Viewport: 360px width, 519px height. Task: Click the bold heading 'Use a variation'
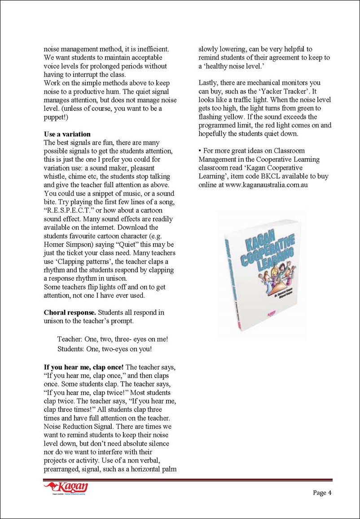[x=67, y=134]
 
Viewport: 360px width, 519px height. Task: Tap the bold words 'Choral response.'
[x=70, y=312]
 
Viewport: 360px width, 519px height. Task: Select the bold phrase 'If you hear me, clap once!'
[x=83, y=368]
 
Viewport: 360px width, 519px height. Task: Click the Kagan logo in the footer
[x=66, y=488]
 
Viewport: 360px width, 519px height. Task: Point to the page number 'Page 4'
[x=322, y=493]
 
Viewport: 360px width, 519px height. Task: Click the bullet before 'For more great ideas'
[x=200, y=151]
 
